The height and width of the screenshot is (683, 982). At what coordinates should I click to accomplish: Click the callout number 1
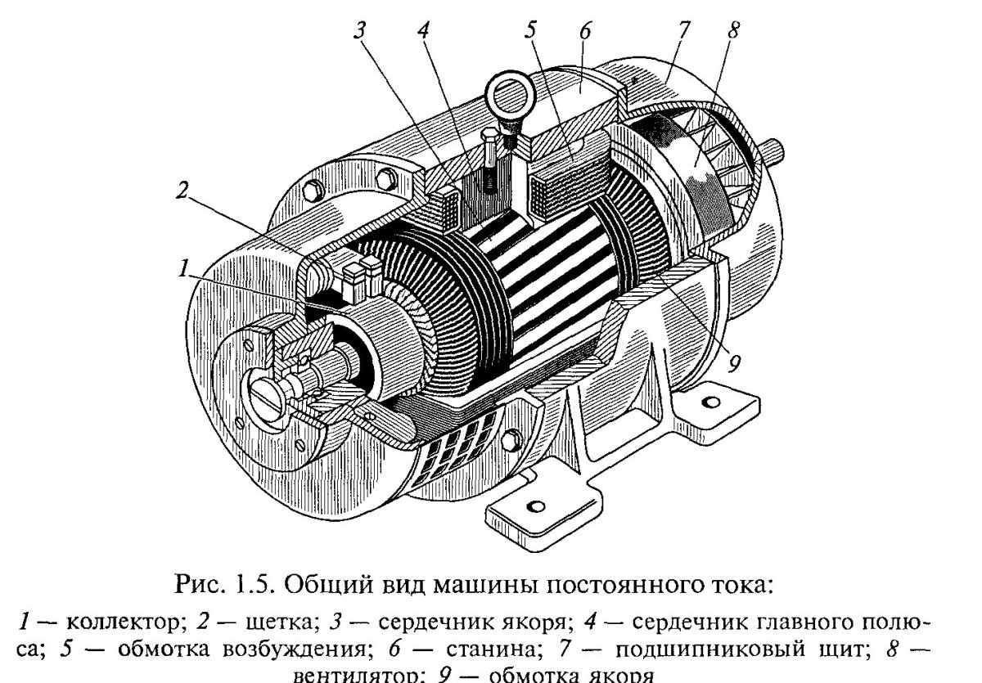186,267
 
